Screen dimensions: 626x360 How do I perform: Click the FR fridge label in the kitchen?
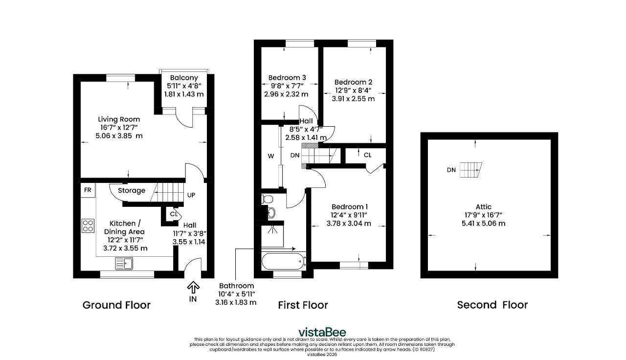tap(88, 190)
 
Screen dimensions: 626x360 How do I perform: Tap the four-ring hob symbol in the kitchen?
tap(88, 226)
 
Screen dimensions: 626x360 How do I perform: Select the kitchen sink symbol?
tap(124, 264)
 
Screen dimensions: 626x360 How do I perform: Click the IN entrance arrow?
tap(193, 287)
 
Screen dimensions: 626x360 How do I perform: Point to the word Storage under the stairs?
tap(132, 191)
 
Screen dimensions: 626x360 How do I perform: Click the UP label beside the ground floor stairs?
tap(191, 195)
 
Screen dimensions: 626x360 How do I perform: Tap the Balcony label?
tap(184, 78)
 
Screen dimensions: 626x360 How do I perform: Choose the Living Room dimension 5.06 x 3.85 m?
tap(119, 136)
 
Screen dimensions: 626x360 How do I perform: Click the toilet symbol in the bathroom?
tap(267, 199)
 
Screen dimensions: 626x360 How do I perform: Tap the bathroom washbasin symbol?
tap(271, 213)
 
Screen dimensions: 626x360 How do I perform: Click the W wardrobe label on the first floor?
tap(271, 156)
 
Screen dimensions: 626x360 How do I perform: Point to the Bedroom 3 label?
tap(287, 78)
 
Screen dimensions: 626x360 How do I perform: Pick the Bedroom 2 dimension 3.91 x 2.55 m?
tap(353, 99)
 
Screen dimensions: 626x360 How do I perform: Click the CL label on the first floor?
tap(367, 155)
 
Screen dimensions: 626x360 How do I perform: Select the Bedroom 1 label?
tap(350, 207)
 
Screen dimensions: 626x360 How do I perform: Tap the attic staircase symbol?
tap(471, 170)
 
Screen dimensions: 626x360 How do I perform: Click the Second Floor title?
tap(492, 305)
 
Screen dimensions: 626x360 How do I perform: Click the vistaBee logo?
tap(322, 332)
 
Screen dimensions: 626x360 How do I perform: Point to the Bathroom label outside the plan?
tap(236, 286)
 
